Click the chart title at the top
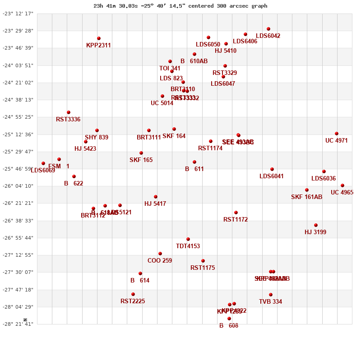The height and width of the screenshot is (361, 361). (180, 6)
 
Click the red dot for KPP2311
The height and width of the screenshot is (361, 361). (99, 38)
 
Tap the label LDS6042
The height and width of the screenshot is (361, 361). (268, 36)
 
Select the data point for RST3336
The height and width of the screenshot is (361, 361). (69, 112)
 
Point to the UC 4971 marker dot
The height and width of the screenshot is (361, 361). (337, 134)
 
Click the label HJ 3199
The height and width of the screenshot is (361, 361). (315, 232)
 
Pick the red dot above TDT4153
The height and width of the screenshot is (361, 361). (188, 239)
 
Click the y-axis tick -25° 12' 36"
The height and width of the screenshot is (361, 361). (19, 134)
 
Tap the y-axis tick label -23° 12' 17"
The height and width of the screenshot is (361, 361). (19, 14)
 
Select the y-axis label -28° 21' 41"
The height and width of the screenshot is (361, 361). (19, 324)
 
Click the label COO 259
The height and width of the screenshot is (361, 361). (160, 261)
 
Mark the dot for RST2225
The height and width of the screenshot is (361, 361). (133, 294)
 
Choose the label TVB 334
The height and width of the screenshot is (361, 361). (270, 302)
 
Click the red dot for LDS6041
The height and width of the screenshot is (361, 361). (272, 169)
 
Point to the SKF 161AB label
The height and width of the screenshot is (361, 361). (307, 197)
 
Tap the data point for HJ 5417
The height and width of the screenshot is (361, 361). (156, 197)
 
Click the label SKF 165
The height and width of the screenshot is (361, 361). (141, 160)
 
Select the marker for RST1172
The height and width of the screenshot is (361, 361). (236, 213)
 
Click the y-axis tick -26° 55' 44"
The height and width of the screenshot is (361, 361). (19, 238)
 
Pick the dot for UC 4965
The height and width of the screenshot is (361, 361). (342, 185)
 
